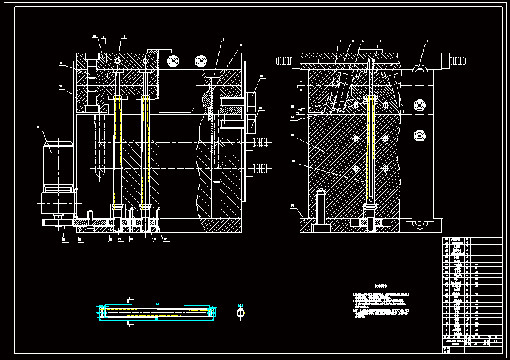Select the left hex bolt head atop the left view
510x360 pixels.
tap(173, 61)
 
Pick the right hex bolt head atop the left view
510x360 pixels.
tap(201, 61)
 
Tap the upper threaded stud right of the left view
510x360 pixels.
tap(261, 142)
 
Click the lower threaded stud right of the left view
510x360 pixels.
tap(261, 168)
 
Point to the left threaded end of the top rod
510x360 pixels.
tap(283, 61)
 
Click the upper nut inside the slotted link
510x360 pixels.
tap(419, 105)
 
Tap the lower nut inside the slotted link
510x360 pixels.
tap(419, 135)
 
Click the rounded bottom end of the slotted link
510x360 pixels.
tap(419, 223)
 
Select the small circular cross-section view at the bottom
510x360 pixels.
tap(240, 313)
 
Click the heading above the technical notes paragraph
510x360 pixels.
tap(380, 284)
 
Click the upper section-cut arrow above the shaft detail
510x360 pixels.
tap(130, 299)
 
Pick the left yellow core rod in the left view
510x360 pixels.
tap(115, 152)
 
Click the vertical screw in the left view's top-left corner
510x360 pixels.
tap(92, 82)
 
